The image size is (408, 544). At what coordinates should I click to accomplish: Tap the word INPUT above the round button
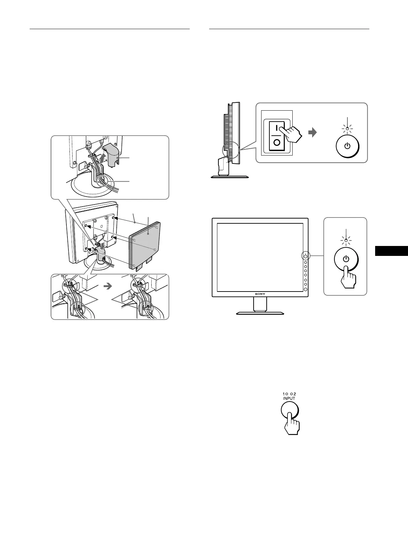tap(289, 398)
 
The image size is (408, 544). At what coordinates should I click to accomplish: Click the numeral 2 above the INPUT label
tap(294, 394)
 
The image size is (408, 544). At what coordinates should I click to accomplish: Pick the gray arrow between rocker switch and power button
tap(313, 132)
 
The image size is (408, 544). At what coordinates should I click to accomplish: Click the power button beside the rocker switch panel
tap(347, 146)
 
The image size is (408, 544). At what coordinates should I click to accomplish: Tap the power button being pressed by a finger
tap(346, 258)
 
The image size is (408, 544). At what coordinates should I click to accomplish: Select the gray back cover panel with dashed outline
tap(145, 244)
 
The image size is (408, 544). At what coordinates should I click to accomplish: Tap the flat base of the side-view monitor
tap(230, 177)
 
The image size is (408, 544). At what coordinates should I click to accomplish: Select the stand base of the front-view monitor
tap(260, 313)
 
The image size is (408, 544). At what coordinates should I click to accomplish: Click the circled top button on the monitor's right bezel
tap(306, 256)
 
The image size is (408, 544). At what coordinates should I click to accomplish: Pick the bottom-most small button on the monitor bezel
tap(306, 289)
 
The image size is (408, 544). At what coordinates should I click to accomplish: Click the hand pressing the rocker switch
tap(293, 135)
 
